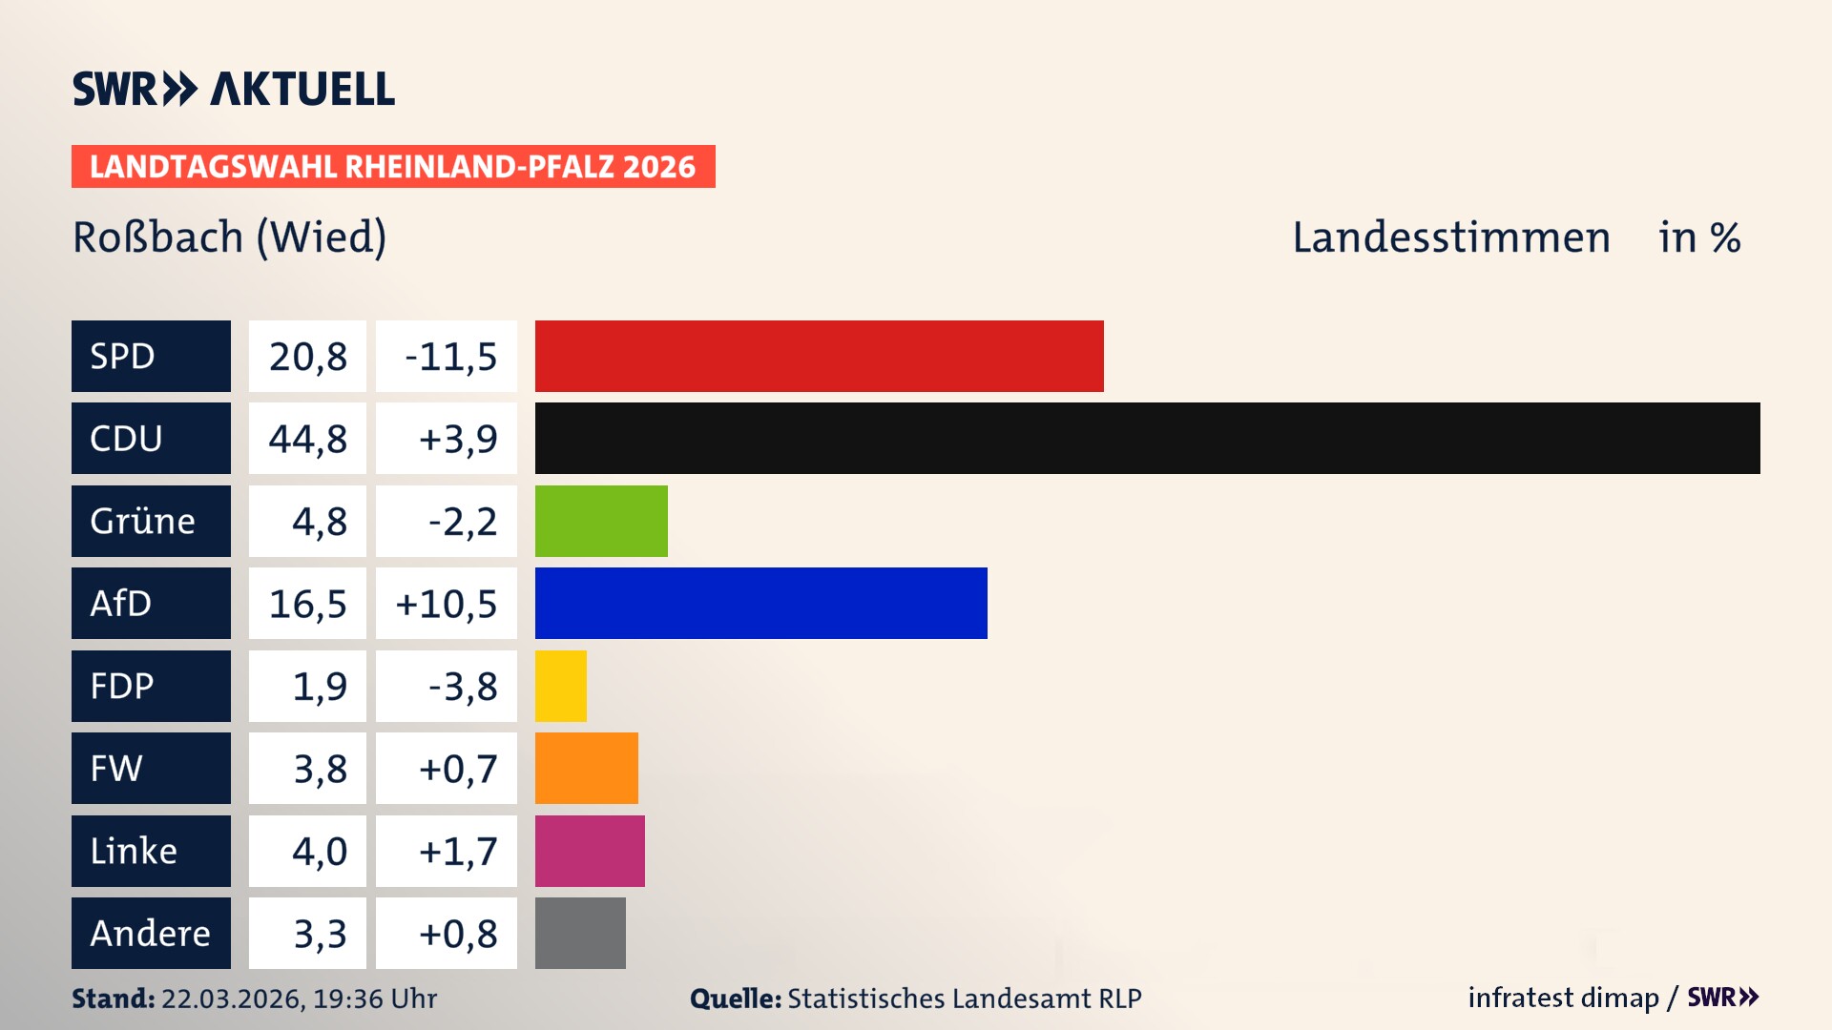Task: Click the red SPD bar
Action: click(819, 356)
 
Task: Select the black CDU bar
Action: click(1147, 438)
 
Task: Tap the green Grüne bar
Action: click(601, 521)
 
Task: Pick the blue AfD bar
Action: click(760, 603)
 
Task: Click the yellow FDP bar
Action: click(560, 686)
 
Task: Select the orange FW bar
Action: click(586, 768)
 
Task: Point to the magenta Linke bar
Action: click(590, 851)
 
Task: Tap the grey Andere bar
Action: click(580, 933)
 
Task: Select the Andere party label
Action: click(151, 933)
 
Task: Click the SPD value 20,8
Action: click(307, 356)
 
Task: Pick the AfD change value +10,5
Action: click(446, 603)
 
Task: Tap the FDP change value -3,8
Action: click(462, 686)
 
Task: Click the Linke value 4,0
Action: click(319, 851)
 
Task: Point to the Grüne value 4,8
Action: click(319, 521)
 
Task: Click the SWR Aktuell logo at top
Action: click(233, 89)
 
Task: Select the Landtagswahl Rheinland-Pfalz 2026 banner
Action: click(392, 166)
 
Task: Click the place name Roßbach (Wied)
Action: click(229, 237)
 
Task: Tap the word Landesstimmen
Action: click(1450, 237)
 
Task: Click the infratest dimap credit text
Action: click(1563, 998)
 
